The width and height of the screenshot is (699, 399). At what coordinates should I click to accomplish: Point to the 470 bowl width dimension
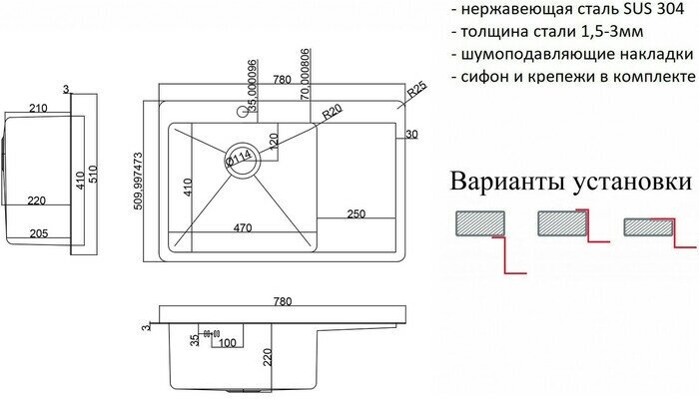[x=241, y=228]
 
